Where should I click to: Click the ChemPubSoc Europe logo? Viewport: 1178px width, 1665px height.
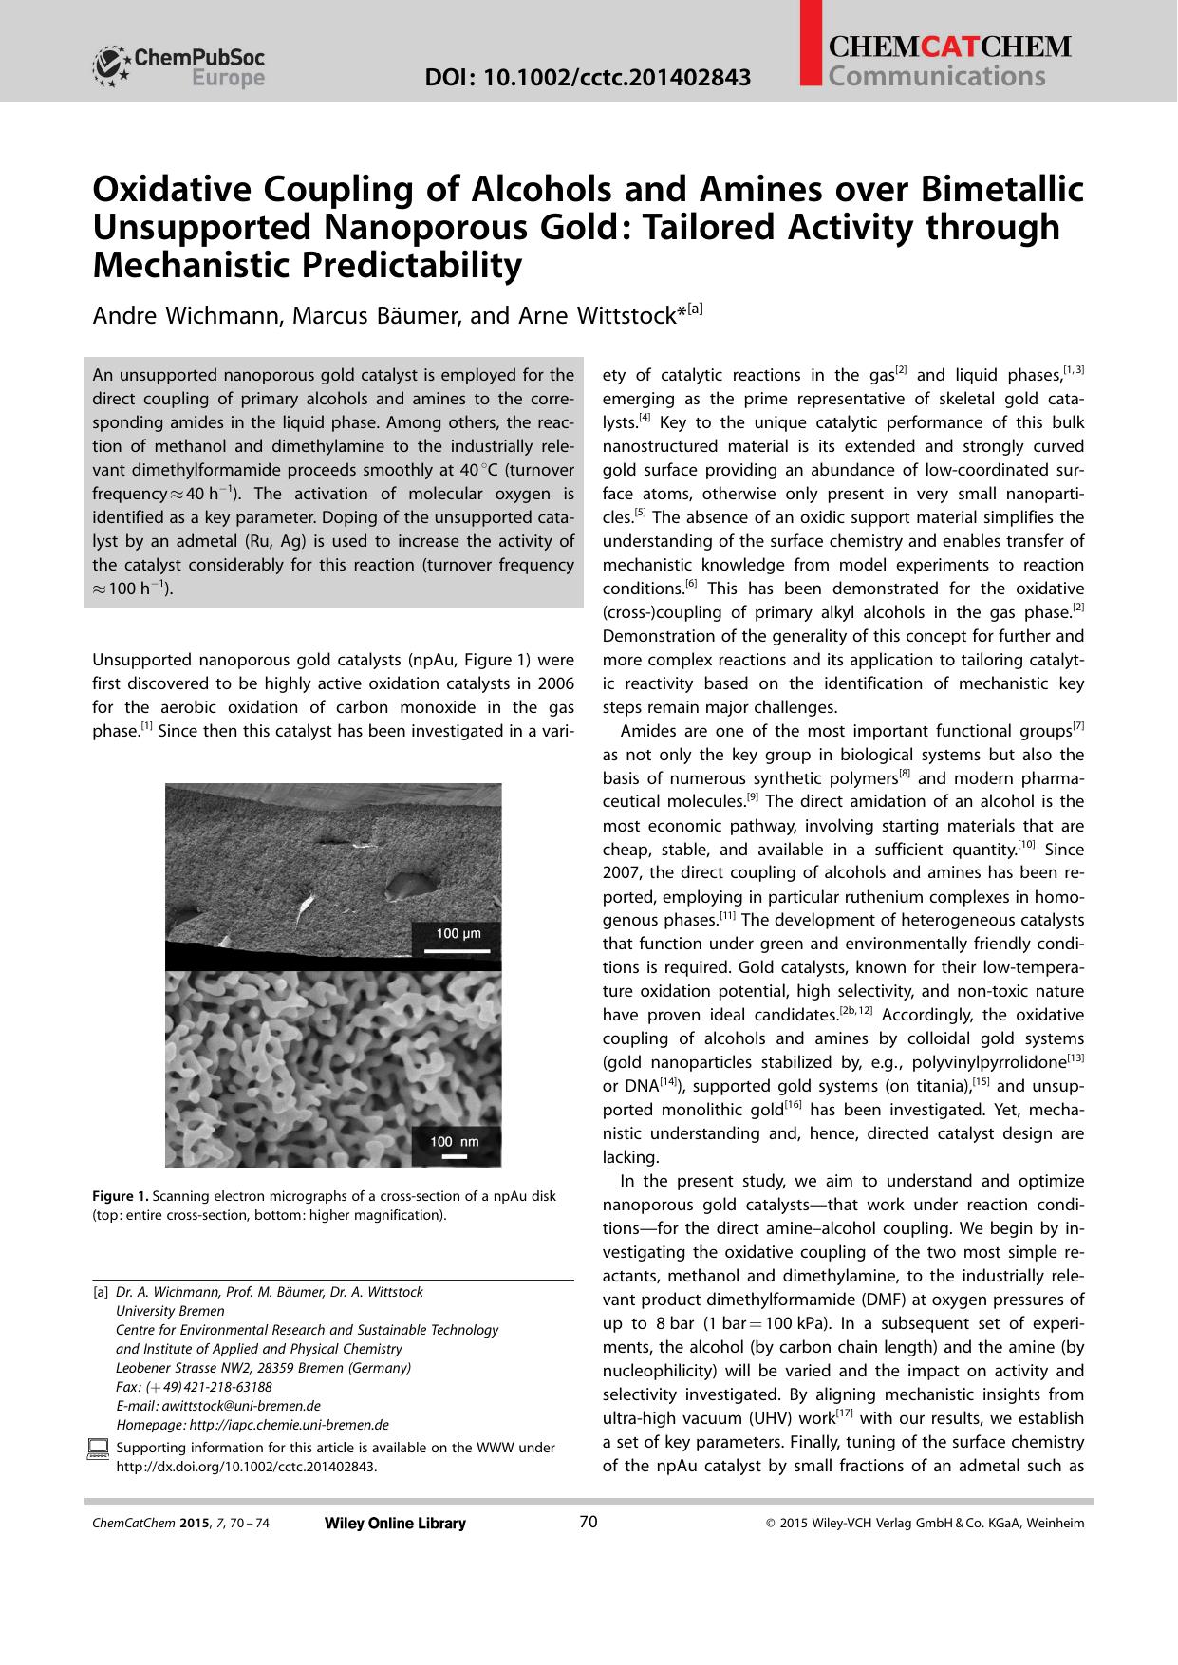coord(178,66)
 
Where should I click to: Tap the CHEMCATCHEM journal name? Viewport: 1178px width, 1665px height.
coord(949,47)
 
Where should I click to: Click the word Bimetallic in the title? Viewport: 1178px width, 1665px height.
coord(1001,189)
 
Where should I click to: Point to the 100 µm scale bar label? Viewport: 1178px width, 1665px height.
coord(458,933)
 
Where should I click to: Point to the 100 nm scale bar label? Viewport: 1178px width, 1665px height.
coord(455,1142)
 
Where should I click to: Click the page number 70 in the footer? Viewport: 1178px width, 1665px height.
coord(588,1523)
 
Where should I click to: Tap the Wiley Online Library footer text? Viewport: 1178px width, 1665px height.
coord(395,1524)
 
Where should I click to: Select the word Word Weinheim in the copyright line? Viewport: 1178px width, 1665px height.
coord(1055,1524)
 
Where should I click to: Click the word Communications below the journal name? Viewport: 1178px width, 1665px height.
coord(936,76)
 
